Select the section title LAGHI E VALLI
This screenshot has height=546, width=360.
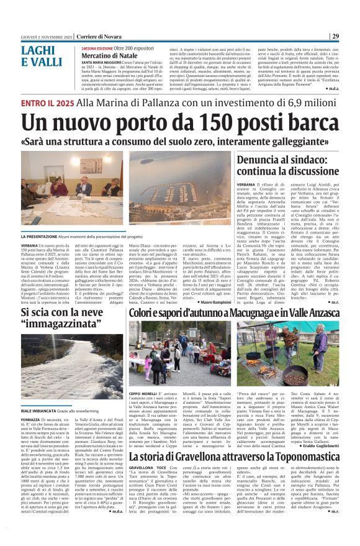click(x=40, y=55)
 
